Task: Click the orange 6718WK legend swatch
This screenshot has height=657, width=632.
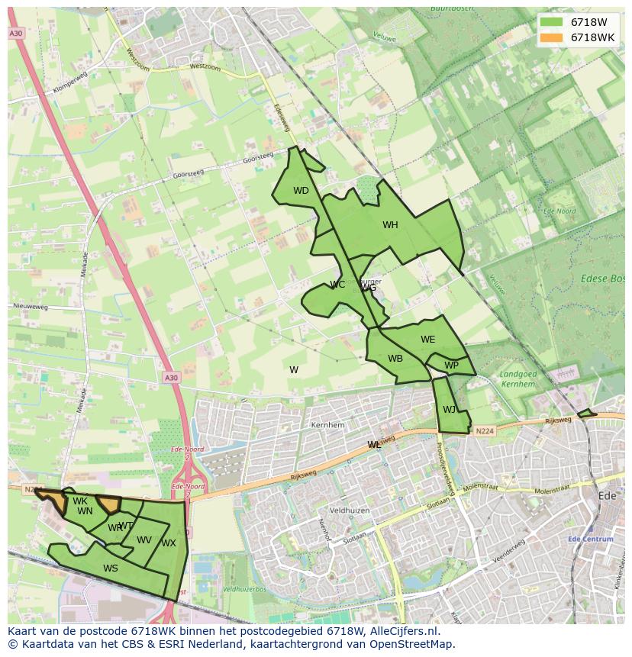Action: (550, 37)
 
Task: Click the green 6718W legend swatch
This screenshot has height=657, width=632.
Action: (550, 22)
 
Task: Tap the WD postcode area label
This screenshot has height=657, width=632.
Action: (301, 191)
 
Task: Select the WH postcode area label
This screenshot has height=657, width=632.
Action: (390, 225)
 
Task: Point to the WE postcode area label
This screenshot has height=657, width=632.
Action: (427, 340)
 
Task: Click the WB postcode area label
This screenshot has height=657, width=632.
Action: (395, 359)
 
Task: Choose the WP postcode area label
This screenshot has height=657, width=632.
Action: (451, 366)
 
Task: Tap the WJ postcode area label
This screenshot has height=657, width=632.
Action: (449, 410)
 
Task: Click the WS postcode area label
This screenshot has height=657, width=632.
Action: (111, 568)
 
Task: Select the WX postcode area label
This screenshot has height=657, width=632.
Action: (169, 543)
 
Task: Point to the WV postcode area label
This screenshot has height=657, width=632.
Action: (144, 540)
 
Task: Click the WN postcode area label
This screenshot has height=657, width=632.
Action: (85, 511)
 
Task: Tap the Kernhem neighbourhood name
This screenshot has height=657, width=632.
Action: (328, 425)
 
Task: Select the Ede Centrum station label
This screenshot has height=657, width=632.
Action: (591, 539)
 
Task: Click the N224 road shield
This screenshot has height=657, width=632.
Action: (483, 431)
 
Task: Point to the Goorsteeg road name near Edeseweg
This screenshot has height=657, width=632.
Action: (257, 157)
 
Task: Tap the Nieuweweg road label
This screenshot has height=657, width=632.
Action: (31, 307)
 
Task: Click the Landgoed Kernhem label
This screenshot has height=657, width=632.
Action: (518, 379)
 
